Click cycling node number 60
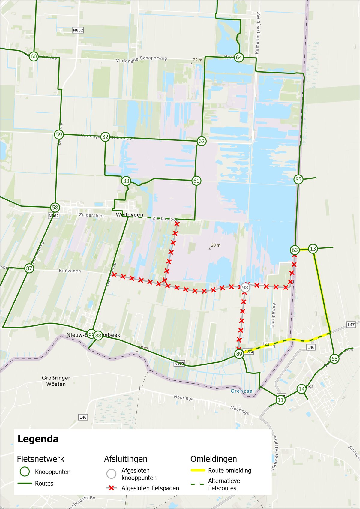click(x=34, y=56)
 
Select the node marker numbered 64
click(x=239, y=58)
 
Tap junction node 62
click(x=202, y=141)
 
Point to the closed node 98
click(x=245, y=287)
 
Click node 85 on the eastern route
click(x=298, y=179)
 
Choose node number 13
click(x=313, y=249)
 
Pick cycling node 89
click(x=239, y=354)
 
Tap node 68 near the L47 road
click(x=334, y=359)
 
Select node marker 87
click(x=29, y=268)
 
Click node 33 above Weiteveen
click(x=126, y=181)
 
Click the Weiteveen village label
click(x=130, y=215)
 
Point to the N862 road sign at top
click(x=78, y=30)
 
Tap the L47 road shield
click(x=351, y=325)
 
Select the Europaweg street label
click(x=273, y=315)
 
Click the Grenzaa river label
click(x=241, y=391)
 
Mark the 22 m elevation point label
click(x=197, y=60)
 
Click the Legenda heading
click(x=38, y=439)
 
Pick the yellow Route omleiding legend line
click(x=198, y=470)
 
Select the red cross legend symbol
click(x=112, y=488)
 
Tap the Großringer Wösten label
click(x=56, y=381)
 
